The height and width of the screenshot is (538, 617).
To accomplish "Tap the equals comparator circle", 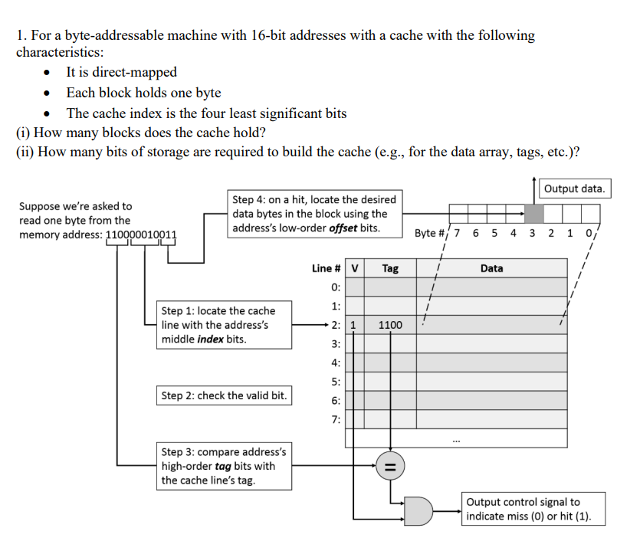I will (x=390, y=465).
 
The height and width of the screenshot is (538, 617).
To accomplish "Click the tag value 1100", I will (x=390, y=325).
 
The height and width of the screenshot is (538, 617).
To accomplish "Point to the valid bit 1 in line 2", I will (x=353, y=325).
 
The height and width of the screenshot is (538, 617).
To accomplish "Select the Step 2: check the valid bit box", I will (x=224, y=395).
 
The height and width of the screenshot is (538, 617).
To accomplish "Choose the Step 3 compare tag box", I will (x=223, y=465).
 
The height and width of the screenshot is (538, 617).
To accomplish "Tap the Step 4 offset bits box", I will (x=313, y=214).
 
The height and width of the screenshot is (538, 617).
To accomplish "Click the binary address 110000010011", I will (x=140, y=235).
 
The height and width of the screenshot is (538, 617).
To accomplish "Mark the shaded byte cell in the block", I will (x=533, y=213).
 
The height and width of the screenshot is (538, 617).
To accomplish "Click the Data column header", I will (x=491, y=268).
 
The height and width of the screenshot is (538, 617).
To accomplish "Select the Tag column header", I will (x=390, y=268).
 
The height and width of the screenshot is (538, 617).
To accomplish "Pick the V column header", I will (x=353, y=268).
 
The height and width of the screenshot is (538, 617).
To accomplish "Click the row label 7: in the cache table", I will (x=334, y=419).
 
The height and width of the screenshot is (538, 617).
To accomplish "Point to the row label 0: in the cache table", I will (x=334, y=287).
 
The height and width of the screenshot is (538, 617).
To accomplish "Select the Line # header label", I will (x=327, y=268).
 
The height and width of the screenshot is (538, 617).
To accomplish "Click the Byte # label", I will (x=432, y=232).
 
